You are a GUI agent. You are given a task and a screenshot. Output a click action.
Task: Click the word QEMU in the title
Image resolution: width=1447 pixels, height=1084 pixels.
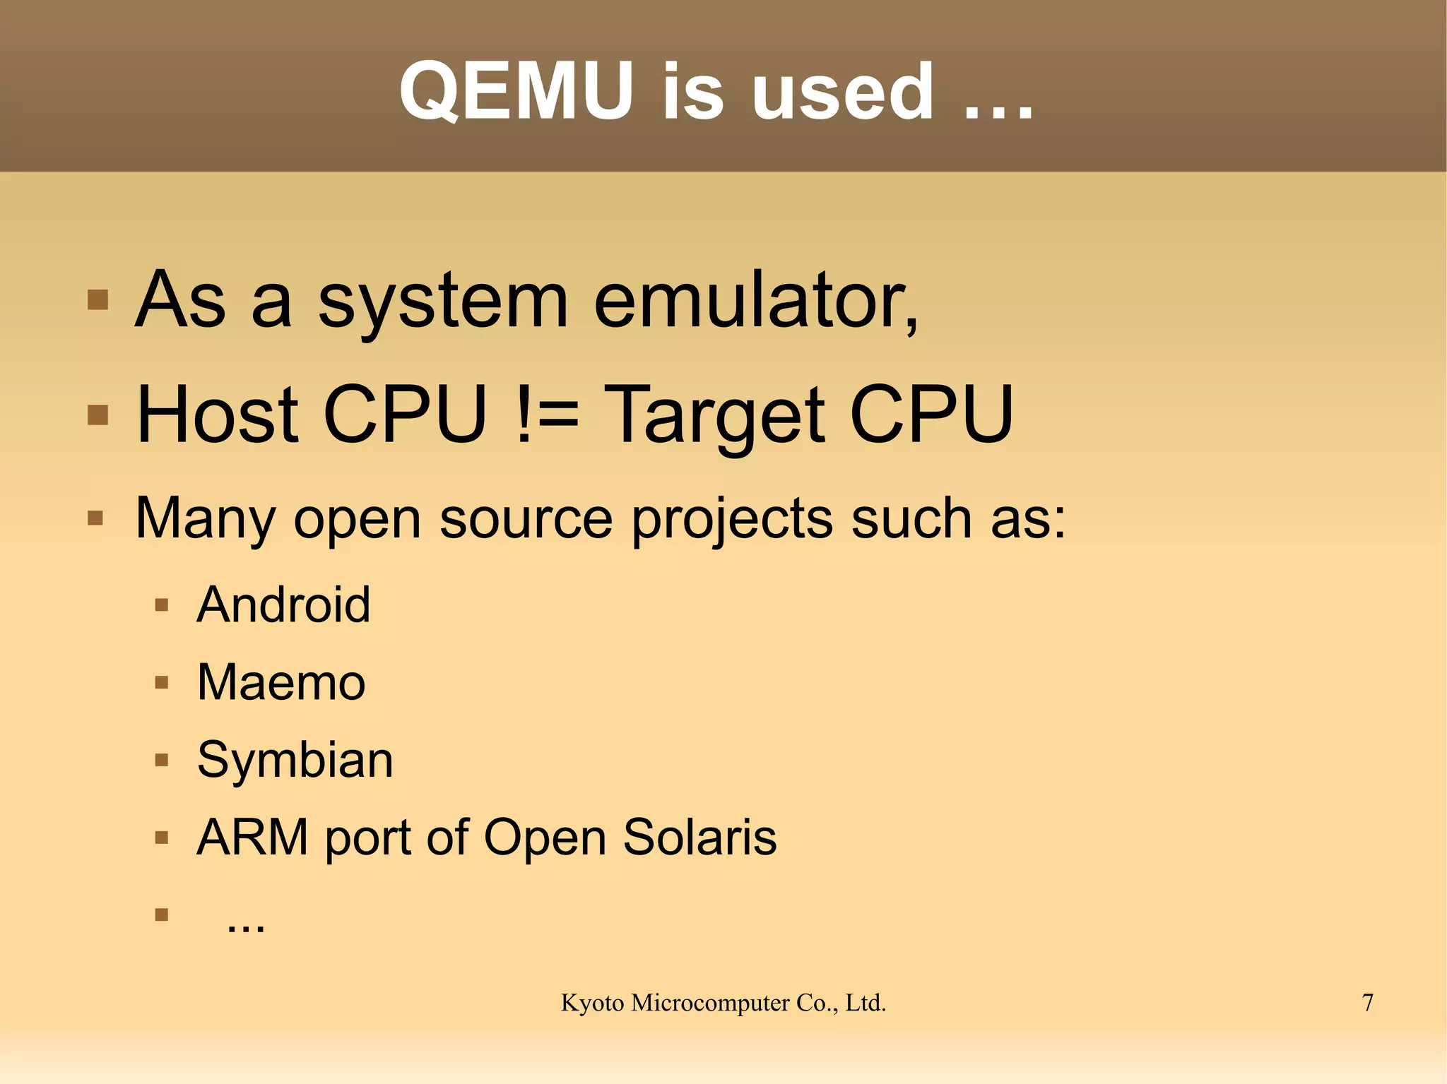pos(516,92)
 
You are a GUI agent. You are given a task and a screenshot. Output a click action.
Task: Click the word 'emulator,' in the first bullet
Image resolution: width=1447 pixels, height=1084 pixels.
pos(756,302)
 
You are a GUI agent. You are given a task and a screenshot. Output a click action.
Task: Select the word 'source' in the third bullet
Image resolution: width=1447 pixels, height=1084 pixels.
pos(526,520)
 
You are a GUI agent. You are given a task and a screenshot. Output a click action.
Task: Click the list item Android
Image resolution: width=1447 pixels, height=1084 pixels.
pos(283,605)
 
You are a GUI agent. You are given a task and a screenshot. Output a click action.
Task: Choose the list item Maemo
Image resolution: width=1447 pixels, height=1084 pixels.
pos(281,683)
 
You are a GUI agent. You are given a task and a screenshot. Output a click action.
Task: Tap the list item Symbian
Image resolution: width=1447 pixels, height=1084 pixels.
pos(295,761)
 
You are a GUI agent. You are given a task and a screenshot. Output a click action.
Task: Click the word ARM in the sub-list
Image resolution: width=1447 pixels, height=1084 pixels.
pos(252,838)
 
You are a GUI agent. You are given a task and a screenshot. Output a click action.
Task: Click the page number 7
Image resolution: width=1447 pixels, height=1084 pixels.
pos(1367,1003)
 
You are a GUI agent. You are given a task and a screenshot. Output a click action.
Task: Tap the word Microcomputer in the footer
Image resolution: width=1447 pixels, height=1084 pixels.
pos(710,1003)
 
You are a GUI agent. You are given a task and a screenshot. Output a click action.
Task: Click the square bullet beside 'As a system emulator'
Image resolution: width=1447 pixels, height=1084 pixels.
pos(98,300)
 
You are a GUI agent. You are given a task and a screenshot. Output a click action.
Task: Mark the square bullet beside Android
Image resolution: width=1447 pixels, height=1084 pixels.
pos(162,605)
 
